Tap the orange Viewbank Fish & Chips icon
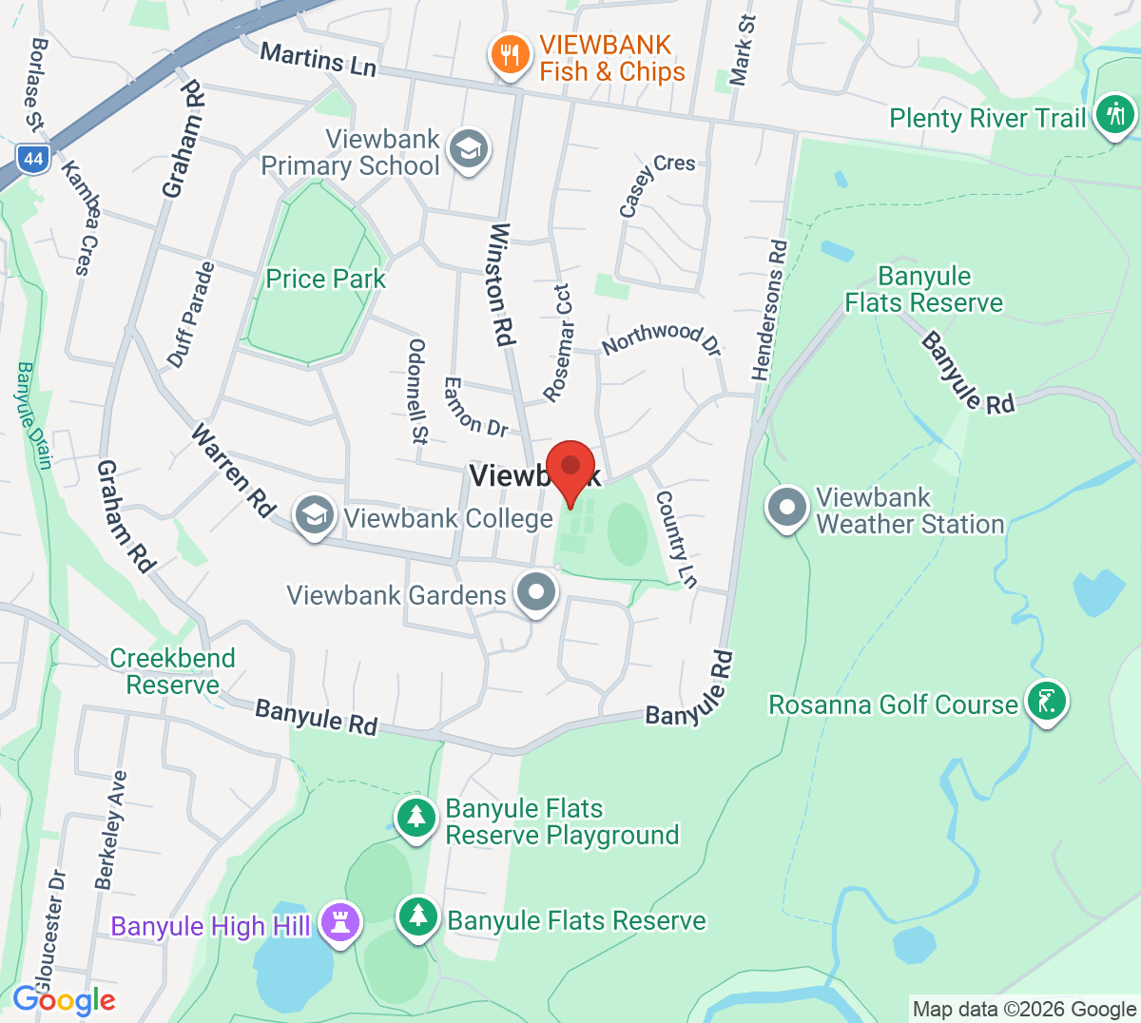[511, 55]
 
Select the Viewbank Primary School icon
[468, 149]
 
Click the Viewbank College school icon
[314, 516]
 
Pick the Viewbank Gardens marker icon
[536, 592]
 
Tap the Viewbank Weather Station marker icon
[787, 509]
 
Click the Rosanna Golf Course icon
[1047, 703]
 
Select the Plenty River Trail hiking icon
[1114, 116]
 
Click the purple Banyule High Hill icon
[340, 923]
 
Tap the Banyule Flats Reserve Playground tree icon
[416, 819]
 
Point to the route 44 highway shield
[33, 158]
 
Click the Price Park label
[325, 279]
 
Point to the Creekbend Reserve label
[172, 671]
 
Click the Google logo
[64, 1000]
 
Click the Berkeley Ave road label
[110, 830]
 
